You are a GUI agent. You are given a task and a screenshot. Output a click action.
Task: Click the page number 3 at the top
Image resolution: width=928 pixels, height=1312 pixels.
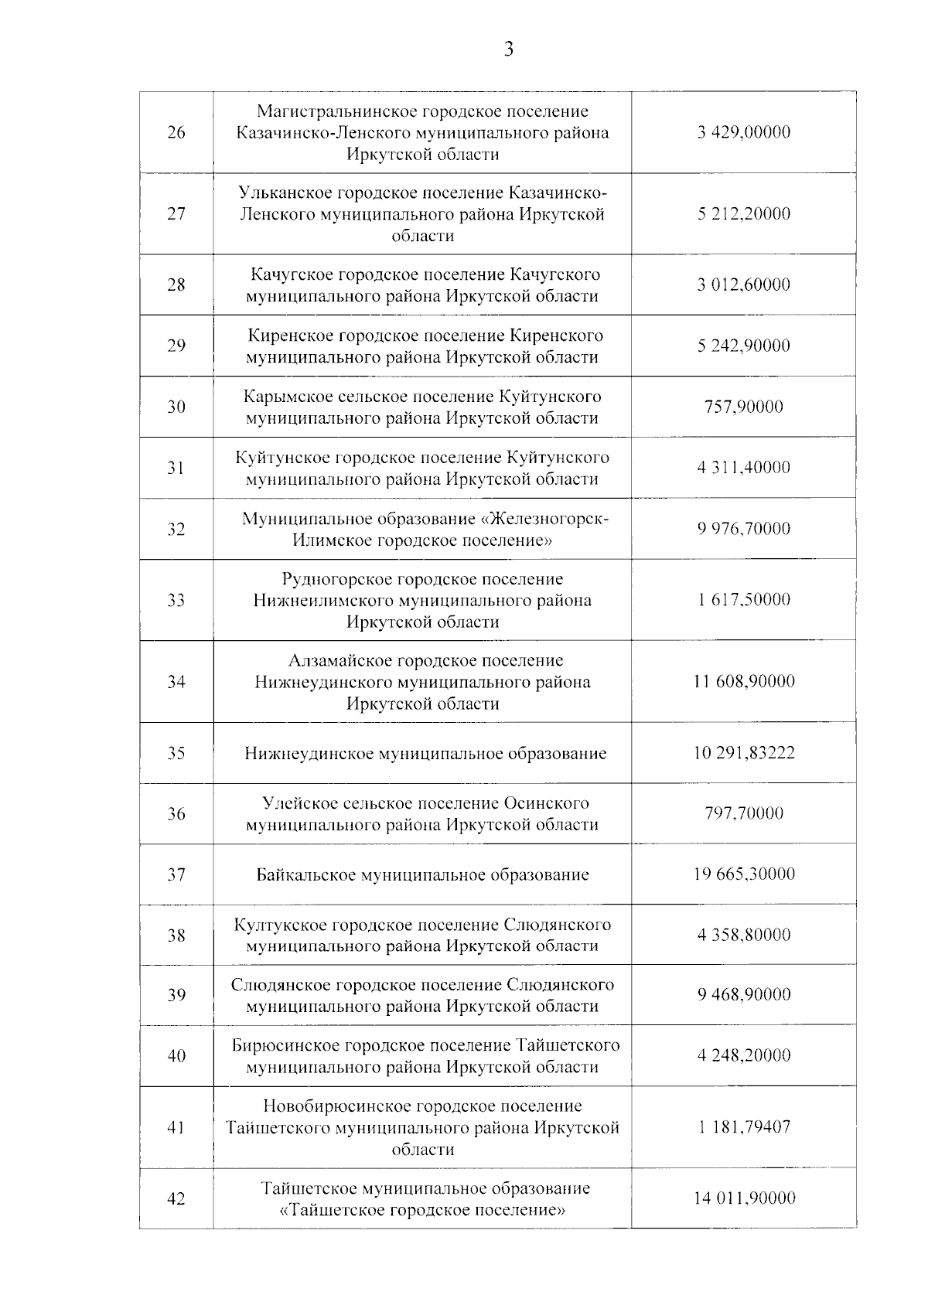click(x=508, y=50)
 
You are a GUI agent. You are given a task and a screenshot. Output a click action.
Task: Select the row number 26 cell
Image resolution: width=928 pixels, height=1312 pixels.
click(x=176, y=132)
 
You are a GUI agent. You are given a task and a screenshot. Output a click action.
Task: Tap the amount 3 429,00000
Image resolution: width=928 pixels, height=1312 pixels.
click(x=743, y=132)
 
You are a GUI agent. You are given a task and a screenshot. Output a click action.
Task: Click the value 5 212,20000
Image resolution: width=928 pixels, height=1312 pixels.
click(x=743, y=213)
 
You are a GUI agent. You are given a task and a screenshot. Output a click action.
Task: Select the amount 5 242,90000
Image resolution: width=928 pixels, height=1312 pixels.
click(x=743, y=346)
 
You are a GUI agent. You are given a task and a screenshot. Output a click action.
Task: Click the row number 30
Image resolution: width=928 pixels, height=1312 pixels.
click(x=176, y=407)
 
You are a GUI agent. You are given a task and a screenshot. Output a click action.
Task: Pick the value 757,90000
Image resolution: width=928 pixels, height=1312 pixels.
click(x=743, y=407)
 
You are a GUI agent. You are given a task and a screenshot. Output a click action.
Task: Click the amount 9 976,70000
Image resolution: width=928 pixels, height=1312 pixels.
click(x=743, y=529)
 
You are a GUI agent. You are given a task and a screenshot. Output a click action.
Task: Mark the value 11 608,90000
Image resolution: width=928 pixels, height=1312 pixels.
click(x=743, y=681)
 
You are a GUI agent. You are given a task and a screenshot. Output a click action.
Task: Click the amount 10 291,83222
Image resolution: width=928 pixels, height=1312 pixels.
click(x=743, y=753)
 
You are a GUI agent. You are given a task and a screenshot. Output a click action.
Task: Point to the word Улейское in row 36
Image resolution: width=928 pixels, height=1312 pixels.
click(x=296, y=803)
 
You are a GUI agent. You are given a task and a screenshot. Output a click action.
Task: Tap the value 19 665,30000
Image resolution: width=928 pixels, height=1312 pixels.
click(x=743, y=874)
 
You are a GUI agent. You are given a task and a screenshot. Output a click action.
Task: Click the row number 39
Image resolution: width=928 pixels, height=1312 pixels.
click(x=176, y=995)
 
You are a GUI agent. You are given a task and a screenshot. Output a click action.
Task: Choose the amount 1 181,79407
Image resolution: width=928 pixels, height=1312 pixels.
click(x=743, y=1127)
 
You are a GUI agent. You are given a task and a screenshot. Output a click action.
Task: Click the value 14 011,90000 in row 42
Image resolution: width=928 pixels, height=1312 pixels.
click(x=743, y=1198)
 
